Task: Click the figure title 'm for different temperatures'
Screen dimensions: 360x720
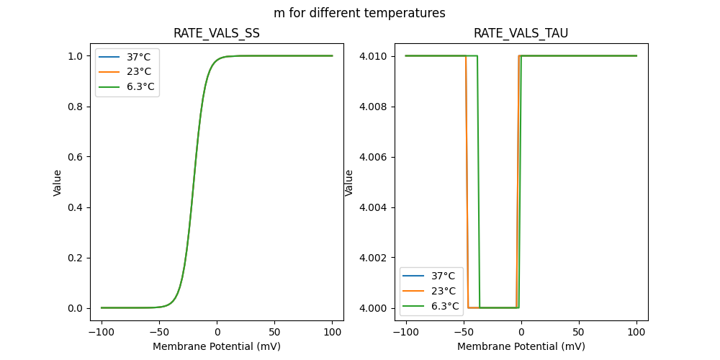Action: pos(359,13)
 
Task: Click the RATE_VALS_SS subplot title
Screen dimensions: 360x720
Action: pos(217,33)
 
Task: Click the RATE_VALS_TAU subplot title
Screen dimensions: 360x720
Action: pos(521,33)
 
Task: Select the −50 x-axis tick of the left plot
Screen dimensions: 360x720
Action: pos(159,333)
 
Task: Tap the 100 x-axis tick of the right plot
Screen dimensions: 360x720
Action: pos(636,333)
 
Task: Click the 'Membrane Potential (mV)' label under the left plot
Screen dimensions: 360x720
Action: pos(217,346)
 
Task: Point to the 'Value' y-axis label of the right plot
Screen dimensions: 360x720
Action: pos(349,182)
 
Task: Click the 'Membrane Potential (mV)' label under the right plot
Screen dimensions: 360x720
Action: pos(521,346)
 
